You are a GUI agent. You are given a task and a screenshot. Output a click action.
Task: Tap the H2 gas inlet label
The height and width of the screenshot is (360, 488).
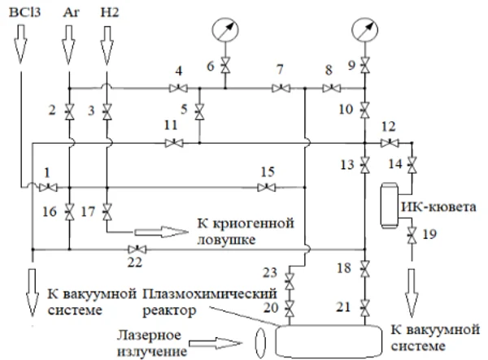click(107, 15)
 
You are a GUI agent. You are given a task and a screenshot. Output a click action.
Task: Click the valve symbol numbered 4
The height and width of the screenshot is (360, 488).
click(178, 88)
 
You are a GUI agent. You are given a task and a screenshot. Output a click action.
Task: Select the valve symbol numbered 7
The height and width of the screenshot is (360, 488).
click(280, 88)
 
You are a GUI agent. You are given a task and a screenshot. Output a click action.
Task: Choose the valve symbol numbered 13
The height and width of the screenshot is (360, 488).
click(364, 164)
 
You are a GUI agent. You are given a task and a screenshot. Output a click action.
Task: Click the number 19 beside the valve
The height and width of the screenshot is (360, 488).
click(429, 235)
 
